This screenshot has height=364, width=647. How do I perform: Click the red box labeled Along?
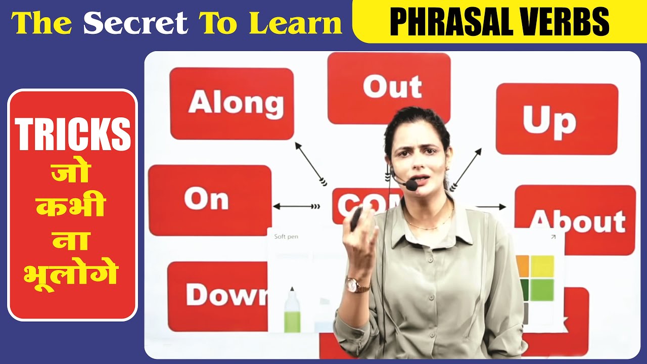pyautogui.click(x=232, y=104)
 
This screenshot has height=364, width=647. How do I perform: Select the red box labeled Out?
pyautogui.click(x=389, y=87)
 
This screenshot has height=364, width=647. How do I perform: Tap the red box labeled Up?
pyautogui.click(x=557, y=119)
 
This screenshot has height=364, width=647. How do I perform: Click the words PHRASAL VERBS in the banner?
pyautogui.click(x=499, y=22)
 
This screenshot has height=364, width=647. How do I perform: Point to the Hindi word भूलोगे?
pyautogui.click(x=72, y=275)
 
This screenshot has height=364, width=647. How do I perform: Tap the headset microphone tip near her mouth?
pyautogui.click(x=411, y=185)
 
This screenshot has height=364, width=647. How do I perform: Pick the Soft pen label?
pyautogui.click(x=286, y=237)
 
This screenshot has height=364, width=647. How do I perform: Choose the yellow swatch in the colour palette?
pyautogui.click(x=542, y=266)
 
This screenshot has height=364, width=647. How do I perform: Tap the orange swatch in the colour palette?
pyautogui.click(x=523, y=266)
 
